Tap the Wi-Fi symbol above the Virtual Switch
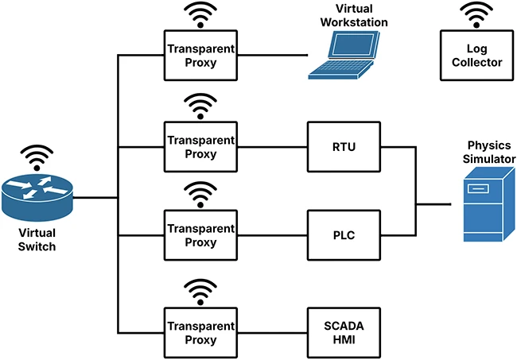coord(37,156)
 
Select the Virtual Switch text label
coord(37,238)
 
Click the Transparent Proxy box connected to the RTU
coord(201,146)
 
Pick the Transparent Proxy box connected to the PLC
coord(201,235)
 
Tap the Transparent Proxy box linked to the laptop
coord(201,55)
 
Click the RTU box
coord(344,146)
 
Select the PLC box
coord(344,235)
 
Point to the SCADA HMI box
coord(344,332)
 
